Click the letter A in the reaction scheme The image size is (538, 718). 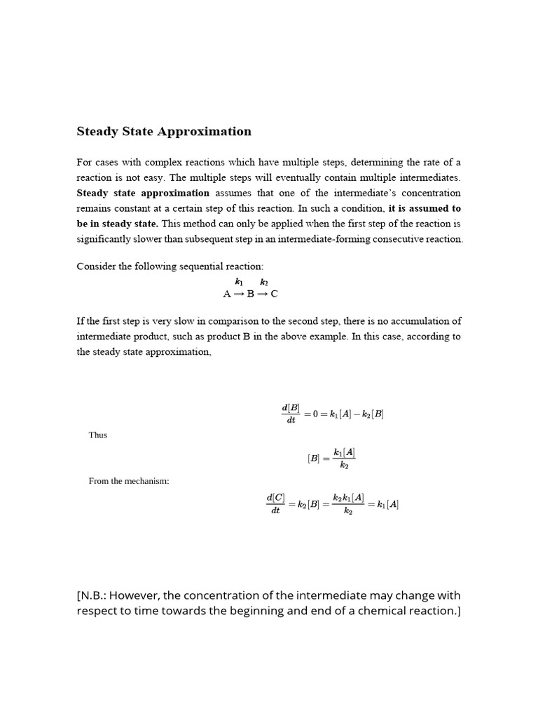[x=227, y=294]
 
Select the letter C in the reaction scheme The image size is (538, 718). [x=274, y=294]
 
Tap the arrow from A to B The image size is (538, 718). [x=239, y=294]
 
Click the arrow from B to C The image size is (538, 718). [x=262, y=294]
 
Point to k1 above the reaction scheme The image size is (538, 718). [x=239, y=282]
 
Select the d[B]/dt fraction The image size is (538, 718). [x=291, y=414]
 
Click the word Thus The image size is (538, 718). [x=98, y=435]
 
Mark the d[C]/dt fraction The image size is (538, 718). [x=275, y=503]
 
